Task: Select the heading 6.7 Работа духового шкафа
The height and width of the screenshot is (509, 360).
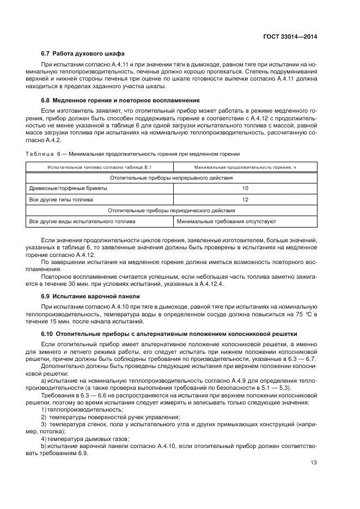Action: [x=83, y=53]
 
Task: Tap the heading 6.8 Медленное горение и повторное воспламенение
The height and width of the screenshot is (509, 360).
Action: [x=120, y=100]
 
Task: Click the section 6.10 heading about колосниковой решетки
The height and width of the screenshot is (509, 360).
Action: [x=169, y=333]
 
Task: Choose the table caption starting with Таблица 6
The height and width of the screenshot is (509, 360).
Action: [x=133, y=154]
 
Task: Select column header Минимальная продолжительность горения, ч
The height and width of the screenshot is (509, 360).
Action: [x=245, y=167]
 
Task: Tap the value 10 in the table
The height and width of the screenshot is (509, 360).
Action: [x=245, y=188]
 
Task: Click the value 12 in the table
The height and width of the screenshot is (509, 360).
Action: [x=245, y=199]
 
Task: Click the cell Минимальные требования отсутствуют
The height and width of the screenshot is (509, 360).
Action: [x=227, y=222]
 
